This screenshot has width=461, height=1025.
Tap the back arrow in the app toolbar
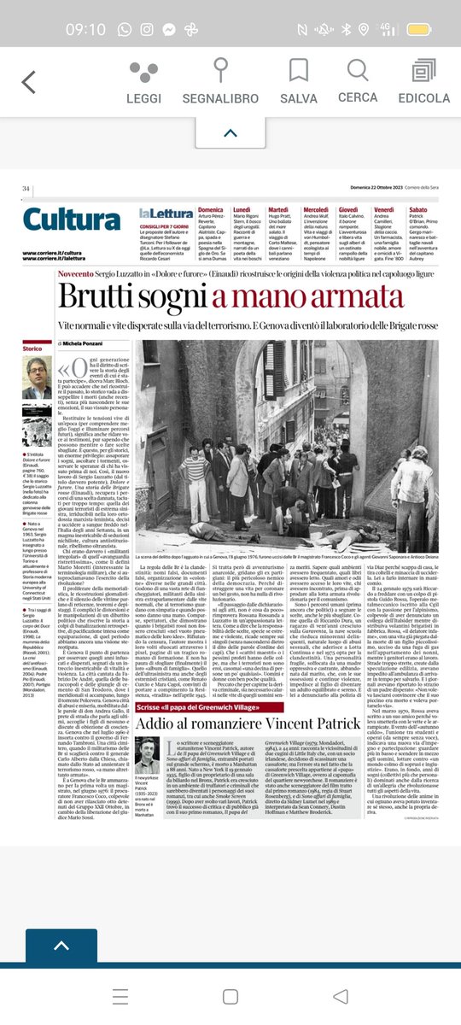click(x=29, y=82)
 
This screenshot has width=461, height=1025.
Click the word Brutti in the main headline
click(x=93, y=296)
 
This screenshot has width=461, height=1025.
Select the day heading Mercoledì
click(x=315, y=209)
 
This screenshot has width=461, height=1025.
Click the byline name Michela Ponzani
click(x=99, y=341)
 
